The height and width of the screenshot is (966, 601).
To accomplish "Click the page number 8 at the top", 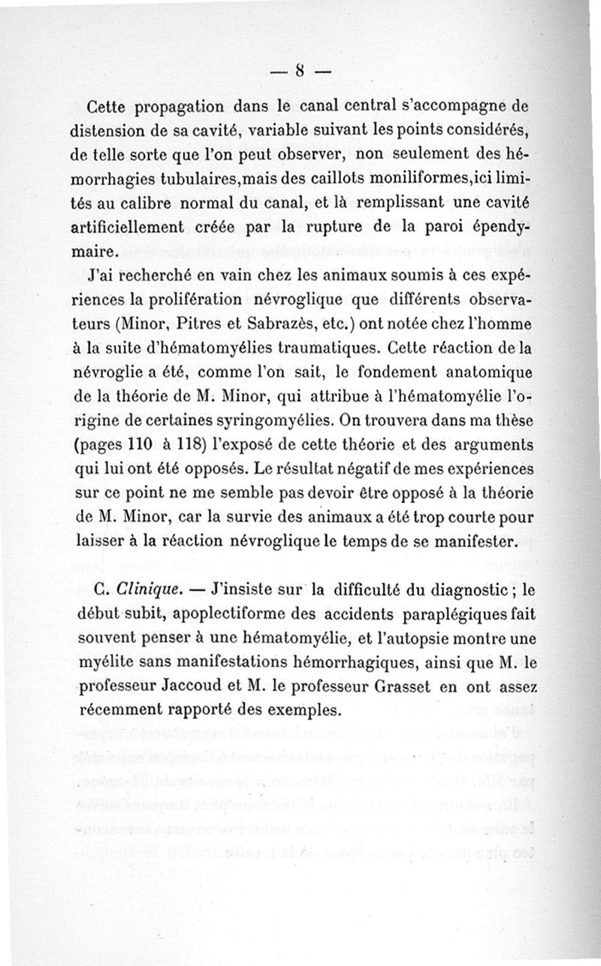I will tap(299, 72).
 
